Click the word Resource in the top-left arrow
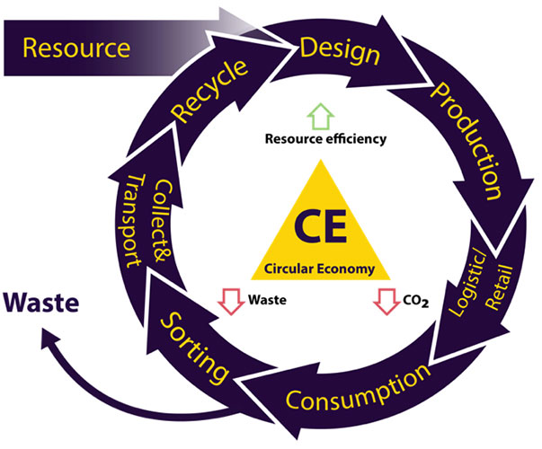tap(76, 47)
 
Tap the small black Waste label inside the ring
tap(266, 301)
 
